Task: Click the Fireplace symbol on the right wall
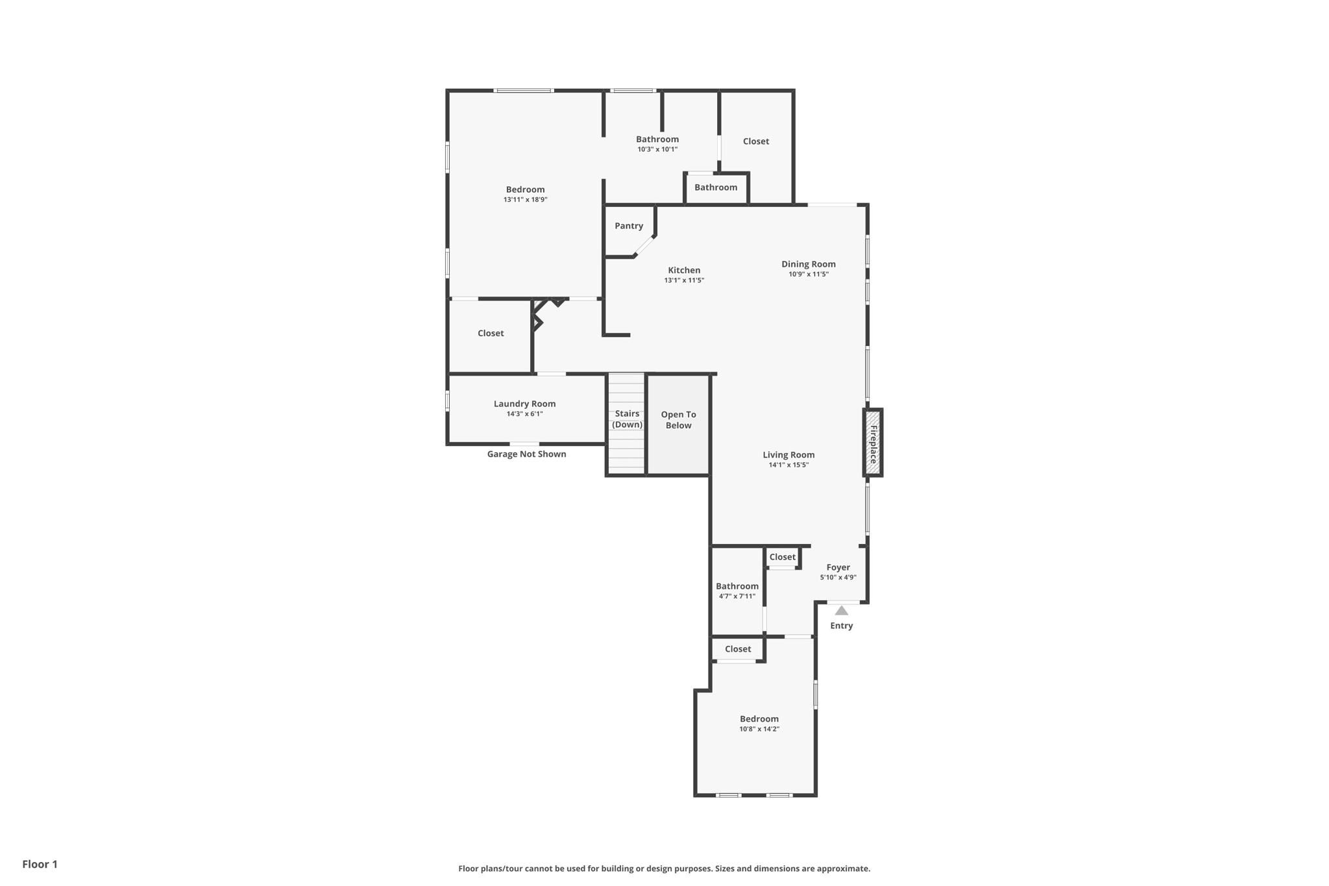(x=873, y=443)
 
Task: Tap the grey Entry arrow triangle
(x=841, y=611)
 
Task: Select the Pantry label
(x=629, y=226)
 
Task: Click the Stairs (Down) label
(x=627, y=419)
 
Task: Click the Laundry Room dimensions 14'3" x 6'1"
(x=524, y=414)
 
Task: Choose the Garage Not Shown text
(x=526, y=454)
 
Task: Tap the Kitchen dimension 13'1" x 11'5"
(x=684, y=280)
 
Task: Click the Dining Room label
(x=808, y=264)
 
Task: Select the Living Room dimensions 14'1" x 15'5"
(x=788, y=465)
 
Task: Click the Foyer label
(x=838, y=567)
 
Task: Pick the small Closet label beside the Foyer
(x=782, y=557)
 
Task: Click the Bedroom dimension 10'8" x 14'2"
(x=759, y=729)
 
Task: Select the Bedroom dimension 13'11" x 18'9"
(x=525, y=200)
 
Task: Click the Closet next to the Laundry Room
(x=491, y=333)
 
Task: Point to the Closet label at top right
(x=755, y=142)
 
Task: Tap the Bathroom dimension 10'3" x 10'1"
(x=657, y=149)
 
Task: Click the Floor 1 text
(x=40, y=864)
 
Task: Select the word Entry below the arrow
(x=841, y=626)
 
